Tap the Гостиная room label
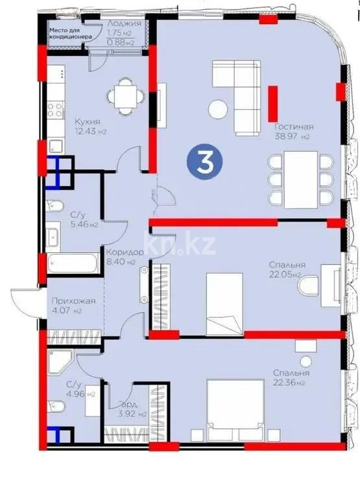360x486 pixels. pyautogui.click(x=293, y=127)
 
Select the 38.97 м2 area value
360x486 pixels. pyautogui.click(x=293, y=137)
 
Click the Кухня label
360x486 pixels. pyautogui.click(x=86, y=121)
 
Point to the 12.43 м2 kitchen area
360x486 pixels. pyautogui.click(x=90, y=131)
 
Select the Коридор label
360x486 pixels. pyautogui.click(x=121, y=252)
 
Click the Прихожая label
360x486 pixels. pyautogui.click(x=73, y=300)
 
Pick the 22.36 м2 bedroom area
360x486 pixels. pyautogui.click(x=291, y=383)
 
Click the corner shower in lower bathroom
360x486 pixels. pyautogui.click(x=62, y=360)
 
